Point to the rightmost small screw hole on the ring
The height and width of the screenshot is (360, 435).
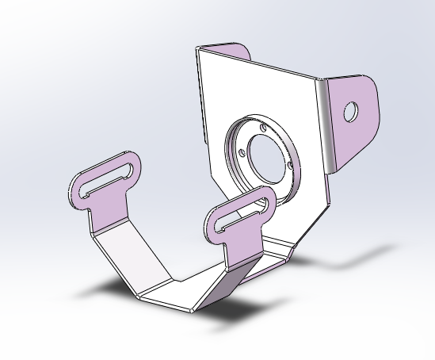[x=292, y=165]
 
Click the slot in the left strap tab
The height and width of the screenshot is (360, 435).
[x=107, y=179]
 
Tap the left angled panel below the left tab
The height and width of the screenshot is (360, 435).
[x=127, y=254]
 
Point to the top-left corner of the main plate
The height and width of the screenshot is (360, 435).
[x=197, y=49]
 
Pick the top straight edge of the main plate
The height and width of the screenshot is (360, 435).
[x=261, y=63]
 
